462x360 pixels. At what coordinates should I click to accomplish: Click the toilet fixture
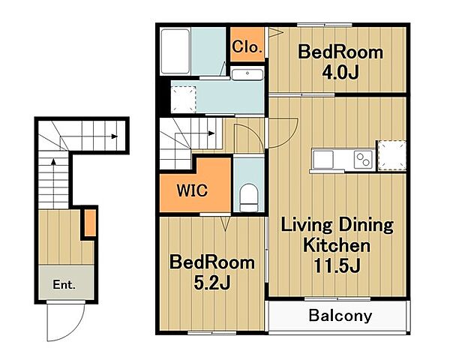[248, 197]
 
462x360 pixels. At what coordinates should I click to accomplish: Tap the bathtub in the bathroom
[175, 51]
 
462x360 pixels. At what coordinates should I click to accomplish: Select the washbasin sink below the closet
[247, 74]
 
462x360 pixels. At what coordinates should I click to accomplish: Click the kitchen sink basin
[323, 160]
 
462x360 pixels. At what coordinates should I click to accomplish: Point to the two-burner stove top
[363, 160]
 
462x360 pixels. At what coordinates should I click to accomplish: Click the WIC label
[193, 190]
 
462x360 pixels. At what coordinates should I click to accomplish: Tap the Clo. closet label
[247, 46]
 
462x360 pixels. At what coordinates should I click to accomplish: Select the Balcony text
[340, 316]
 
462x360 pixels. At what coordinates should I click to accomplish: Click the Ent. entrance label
[64, 284]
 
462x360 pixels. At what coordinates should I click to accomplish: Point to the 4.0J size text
[340, 73]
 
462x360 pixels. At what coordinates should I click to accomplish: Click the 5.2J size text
[212, 283]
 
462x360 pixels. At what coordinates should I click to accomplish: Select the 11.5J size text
[337, 265]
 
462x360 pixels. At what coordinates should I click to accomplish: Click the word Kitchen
[337, 245]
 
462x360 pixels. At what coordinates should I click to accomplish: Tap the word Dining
[366, 225]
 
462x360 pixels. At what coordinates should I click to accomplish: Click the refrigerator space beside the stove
[392, 155]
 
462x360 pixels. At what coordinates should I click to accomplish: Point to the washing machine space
[184, 100]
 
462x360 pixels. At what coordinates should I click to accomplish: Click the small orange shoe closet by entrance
[90, 223]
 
